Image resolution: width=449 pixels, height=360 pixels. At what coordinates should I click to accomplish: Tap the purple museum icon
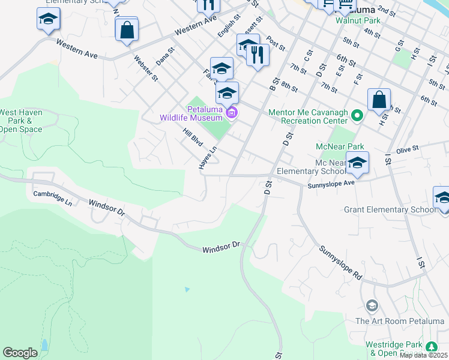pos(232,112)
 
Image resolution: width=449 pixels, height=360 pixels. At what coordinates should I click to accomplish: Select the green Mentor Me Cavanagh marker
pos(357,113)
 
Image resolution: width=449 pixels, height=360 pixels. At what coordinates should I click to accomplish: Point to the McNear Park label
pos(340,146)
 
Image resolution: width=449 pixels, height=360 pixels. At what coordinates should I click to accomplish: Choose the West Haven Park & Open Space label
pos(21,121)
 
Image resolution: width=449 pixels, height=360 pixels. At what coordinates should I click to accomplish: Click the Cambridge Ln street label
pos(52,199)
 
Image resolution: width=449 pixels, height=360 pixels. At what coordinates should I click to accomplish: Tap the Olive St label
pos(406,149)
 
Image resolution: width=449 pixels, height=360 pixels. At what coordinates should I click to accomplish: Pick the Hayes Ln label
pos(208,157)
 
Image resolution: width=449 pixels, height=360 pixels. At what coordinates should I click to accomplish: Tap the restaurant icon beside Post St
pos(258,55)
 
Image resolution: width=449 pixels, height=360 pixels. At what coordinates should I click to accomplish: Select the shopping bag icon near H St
pos(379,100)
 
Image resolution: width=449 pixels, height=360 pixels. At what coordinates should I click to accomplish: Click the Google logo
pos(20,353)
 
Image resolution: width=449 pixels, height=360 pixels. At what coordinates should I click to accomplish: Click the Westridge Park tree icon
pos(431,347)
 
